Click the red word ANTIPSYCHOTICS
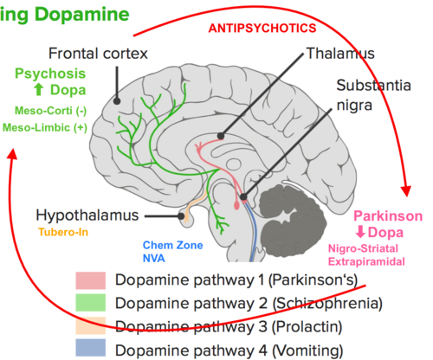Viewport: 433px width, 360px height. [x=262, y=29]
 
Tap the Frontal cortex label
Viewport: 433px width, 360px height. [x=98, y=54]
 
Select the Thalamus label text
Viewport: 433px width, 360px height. [x=340, y=54]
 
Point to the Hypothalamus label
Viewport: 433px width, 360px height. [x=87, y=215]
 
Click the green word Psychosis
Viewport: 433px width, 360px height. [x=50, y=74]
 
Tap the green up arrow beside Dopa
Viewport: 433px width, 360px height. [x=39, y=90]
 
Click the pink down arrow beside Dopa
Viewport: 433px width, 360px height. [x=360, y=232]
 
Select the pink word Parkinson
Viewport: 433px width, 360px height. [x=388, y=216]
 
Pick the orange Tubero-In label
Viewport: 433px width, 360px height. [x=63, y=232]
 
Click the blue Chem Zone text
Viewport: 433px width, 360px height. [x=172, y=245]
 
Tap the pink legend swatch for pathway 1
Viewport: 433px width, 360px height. [x=91, y=280]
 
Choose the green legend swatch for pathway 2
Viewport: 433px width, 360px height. [x=91, y=303]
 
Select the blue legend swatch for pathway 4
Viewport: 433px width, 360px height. [x=91, y=348]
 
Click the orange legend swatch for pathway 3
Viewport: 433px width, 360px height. [x=91, y=325]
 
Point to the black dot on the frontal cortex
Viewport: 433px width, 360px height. [x=117, y=101]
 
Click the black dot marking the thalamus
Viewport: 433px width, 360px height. [x=221, y=136]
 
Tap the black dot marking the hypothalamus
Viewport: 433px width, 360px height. [x=181, y=216]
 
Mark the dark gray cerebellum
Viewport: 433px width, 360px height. [x=292, y=221]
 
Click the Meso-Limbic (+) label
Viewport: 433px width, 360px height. [x=45, y=127]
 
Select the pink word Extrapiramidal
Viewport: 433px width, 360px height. [x=366, y=261]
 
